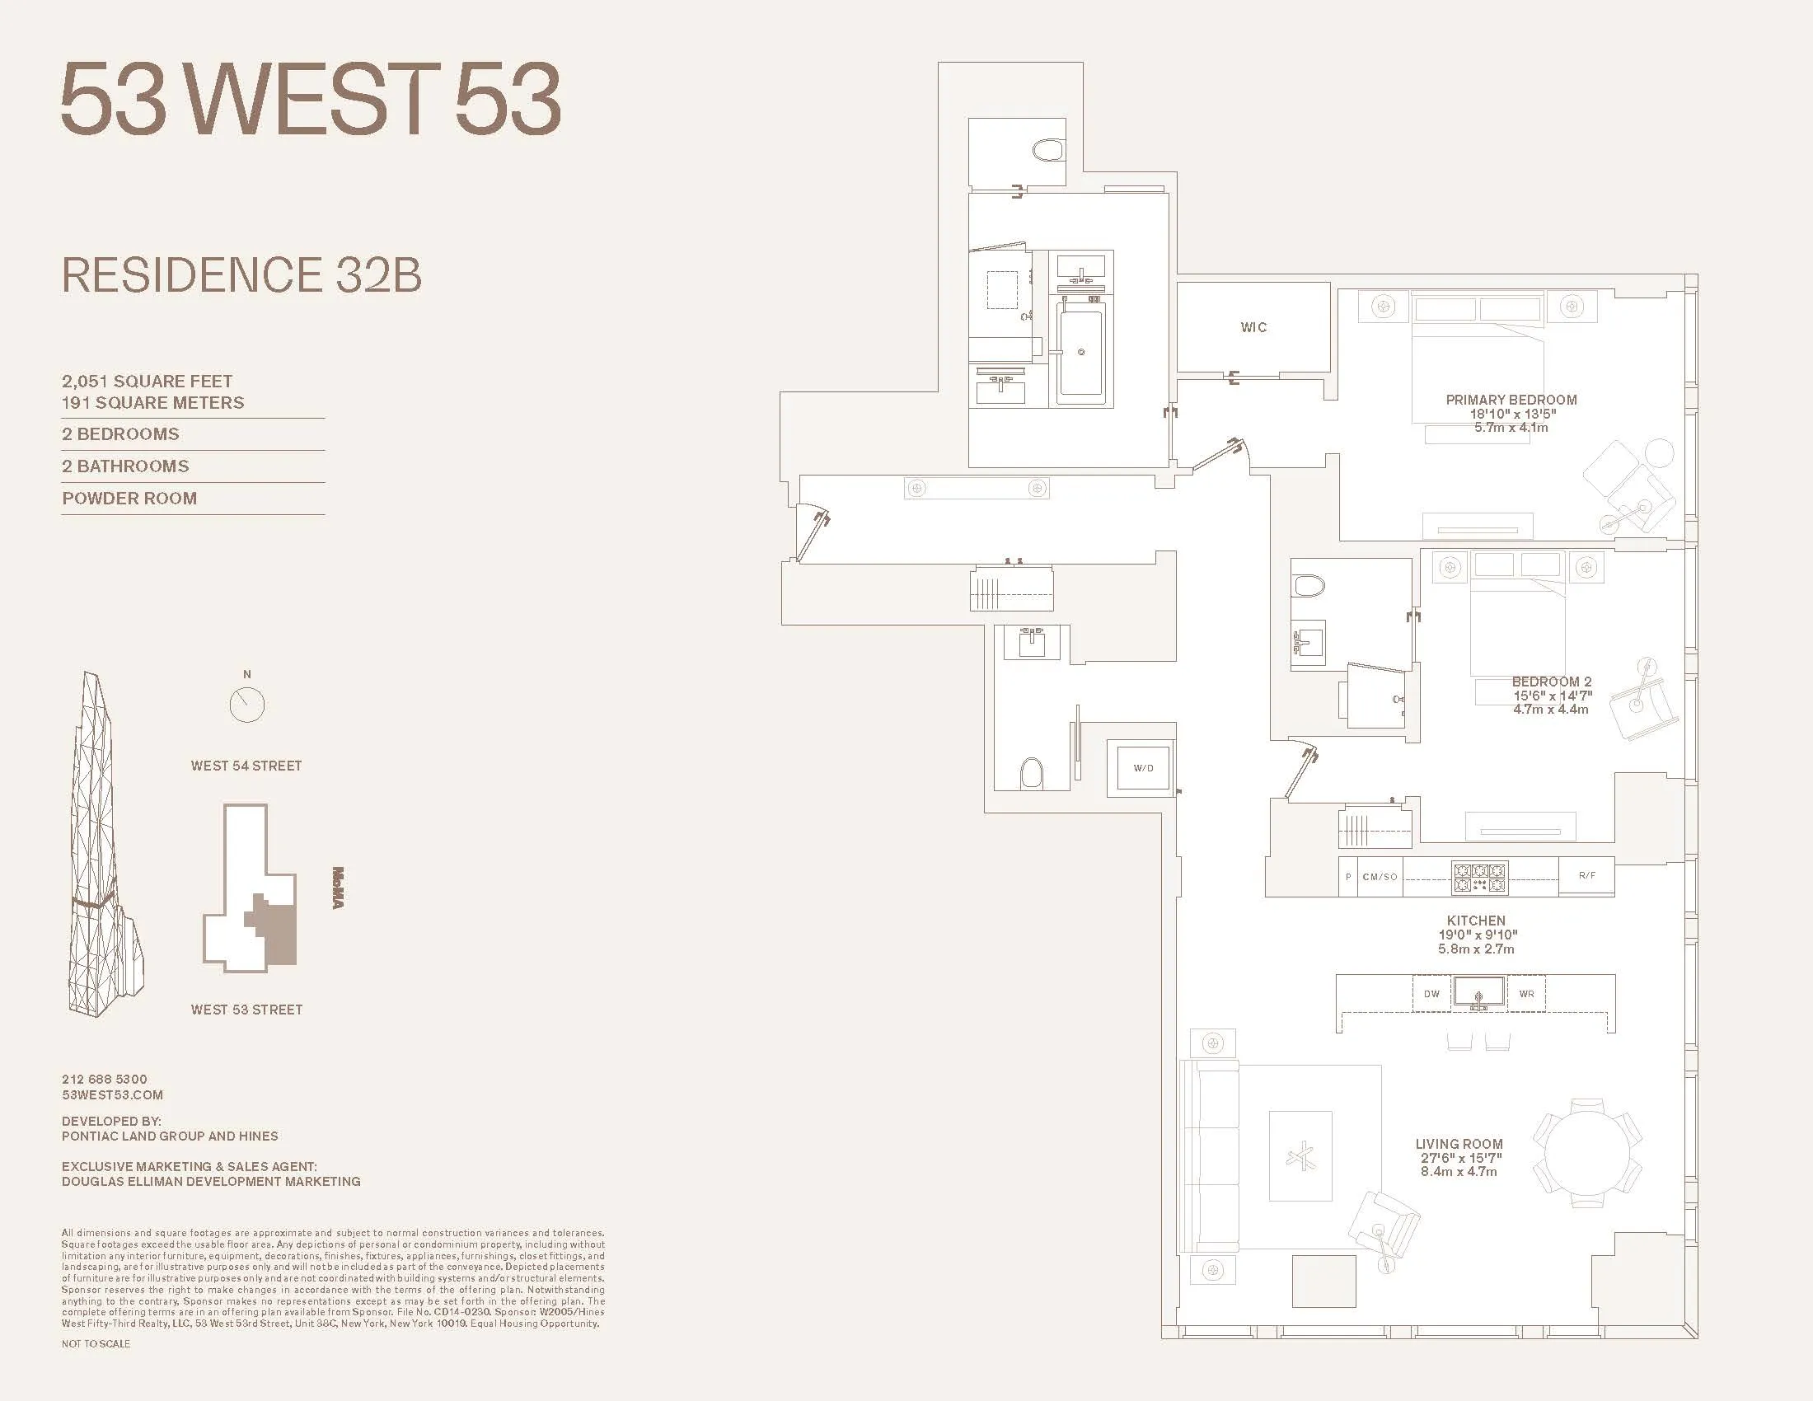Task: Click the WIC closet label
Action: pos(1253,327)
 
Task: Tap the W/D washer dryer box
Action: pos(1143,768)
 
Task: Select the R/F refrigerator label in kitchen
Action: pos(1586,875)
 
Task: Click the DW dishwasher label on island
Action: pos(1432,994)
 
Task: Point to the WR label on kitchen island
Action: pos(1526,994)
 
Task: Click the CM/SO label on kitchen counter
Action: pos(1380,877)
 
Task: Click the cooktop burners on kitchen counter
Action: pos(1479,878)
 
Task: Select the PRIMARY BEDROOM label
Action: pos(1511,399)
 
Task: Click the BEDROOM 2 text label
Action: pos(1552,682)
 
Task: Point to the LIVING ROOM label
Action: pos(1459,1144)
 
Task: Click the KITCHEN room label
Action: pos(1475,921)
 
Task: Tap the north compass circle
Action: pos(246,705)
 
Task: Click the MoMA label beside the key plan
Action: pos(338,888)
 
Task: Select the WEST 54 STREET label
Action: pos(246,766)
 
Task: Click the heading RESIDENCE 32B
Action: pos(241,275)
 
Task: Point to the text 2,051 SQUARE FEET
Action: pos(147,381)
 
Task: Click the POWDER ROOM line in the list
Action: pos(129,499)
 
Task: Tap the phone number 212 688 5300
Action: pos(105,1079)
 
